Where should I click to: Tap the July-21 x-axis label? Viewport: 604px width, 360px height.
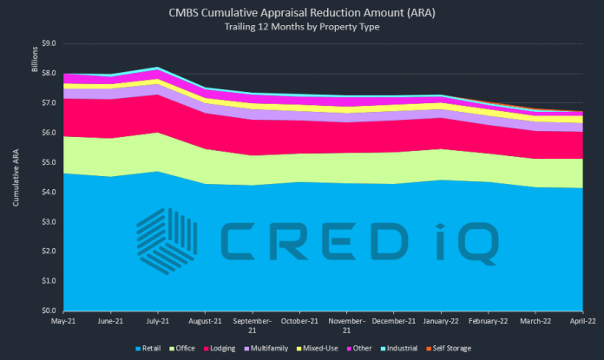(x=156, y=320)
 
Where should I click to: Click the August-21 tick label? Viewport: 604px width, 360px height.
(x=204, y=320)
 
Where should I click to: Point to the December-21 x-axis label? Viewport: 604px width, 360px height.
(x=394, y=320)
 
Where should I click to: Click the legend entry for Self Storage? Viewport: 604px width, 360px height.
(x=450, y=349)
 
